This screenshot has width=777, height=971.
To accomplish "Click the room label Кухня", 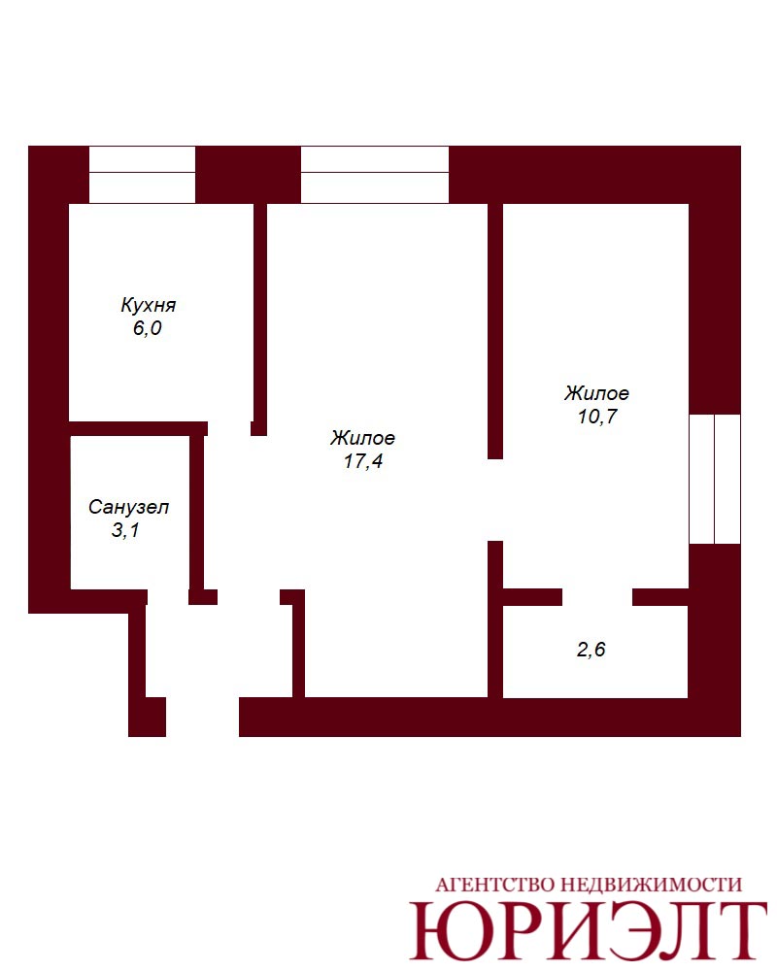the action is (x=148, y=305).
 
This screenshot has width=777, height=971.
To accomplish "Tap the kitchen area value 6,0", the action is (x=147, y=327).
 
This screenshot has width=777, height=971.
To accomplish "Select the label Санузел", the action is (x=128, y=507).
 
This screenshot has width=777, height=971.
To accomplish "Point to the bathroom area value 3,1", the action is (x=125, y=530).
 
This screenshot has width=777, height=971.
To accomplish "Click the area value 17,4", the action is (x=363, y=460).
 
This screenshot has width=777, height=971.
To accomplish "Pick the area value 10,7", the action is (x=597, y=417).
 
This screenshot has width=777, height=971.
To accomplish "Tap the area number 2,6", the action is (x=591, y=649).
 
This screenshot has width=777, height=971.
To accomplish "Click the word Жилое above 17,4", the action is (x=362, y=438).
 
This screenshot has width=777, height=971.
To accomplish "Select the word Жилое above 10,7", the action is (x=596, y=393).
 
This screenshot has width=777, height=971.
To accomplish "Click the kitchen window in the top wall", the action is (x=142, y=175).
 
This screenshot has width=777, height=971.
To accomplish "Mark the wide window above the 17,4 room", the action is (x=374, y=175).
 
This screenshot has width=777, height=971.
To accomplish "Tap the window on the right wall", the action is (x=715, y=479).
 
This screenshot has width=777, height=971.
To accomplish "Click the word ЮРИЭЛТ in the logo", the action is (x=587, y=931).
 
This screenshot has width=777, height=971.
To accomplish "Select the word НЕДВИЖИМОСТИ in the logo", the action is (x=651, y=885).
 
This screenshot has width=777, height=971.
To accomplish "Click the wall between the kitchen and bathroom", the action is (x=138, y=428).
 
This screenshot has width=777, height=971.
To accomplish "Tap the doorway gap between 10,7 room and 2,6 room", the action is (x=596, y=597).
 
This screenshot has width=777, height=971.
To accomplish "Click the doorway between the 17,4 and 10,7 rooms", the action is (x=495, y=500).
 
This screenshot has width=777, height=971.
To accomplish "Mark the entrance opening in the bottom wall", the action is (x=203, y=718).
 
